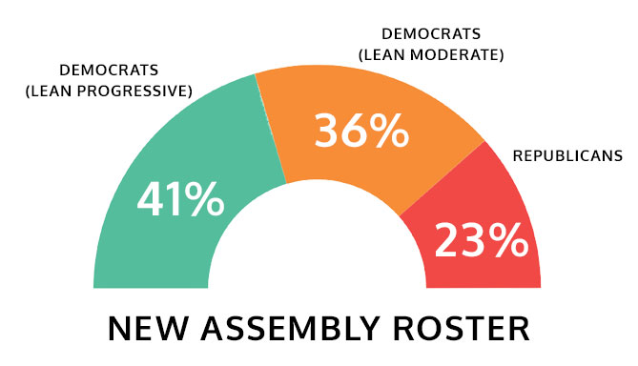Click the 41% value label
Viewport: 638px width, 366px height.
coord(181,200)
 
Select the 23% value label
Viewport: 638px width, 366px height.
coord(481,240)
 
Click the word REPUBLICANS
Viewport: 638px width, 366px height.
coord(567,155)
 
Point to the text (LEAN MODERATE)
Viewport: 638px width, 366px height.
coord(430,55)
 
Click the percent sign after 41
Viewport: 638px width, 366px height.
coord(204,200)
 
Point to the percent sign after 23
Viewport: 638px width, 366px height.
coord(505,240)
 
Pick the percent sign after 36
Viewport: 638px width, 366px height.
coord(387,131)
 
